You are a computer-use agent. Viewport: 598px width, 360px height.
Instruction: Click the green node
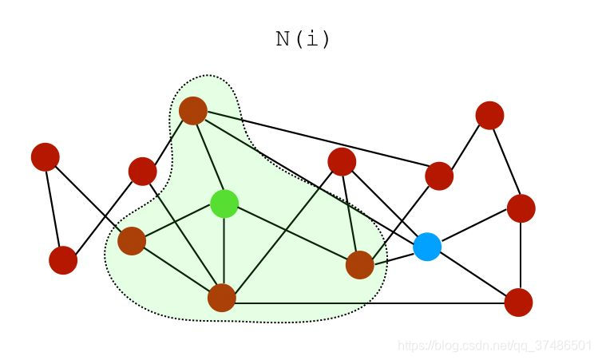[x=224, y=204]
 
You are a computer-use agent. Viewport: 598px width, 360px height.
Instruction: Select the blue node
[x=427, y=247]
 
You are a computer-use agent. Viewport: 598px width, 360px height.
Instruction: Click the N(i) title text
[x=303, y=39]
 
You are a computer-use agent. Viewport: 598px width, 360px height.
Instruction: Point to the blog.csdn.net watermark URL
[x=494, y=345]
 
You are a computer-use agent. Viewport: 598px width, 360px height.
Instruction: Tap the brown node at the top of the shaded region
[x=193, y=110]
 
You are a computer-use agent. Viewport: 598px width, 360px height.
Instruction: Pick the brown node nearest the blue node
[x=360, y=265]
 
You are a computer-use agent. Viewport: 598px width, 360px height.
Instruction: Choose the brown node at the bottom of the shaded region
[x=222, y=298]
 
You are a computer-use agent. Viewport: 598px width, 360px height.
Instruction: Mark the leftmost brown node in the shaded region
[x=132, y=240]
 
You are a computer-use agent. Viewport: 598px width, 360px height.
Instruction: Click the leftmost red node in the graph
[x=46, y=156]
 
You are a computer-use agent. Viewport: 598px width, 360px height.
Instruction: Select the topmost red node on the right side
[x=489, y=115]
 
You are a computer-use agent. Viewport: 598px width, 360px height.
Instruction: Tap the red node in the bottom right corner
[x=518, y=303]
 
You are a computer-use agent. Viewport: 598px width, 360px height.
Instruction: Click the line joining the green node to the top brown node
[x=208, y=156]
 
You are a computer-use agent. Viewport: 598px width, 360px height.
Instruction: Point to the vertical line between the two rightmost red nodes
[x=521, y=255]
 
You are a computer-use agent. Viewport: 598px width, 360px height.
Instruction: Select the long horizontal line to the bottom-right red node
[x=367, y=303]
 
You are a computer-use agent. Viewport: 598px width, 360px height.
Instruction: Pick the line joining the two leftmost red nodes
[x=54, y=208]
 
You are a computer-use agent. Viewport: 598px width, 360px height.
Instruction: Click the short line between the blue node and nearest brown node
[x=394, y=256]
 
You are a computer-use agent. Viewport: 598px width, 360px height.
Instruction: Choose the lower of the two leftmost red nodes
[x=63, y=260]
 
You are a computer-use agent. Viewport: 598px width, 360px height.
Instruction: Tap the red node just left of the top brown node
[x=142, y=171]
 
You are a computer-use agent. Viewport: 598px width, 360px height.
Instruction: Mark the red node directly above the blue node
[x=439, y=176]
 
